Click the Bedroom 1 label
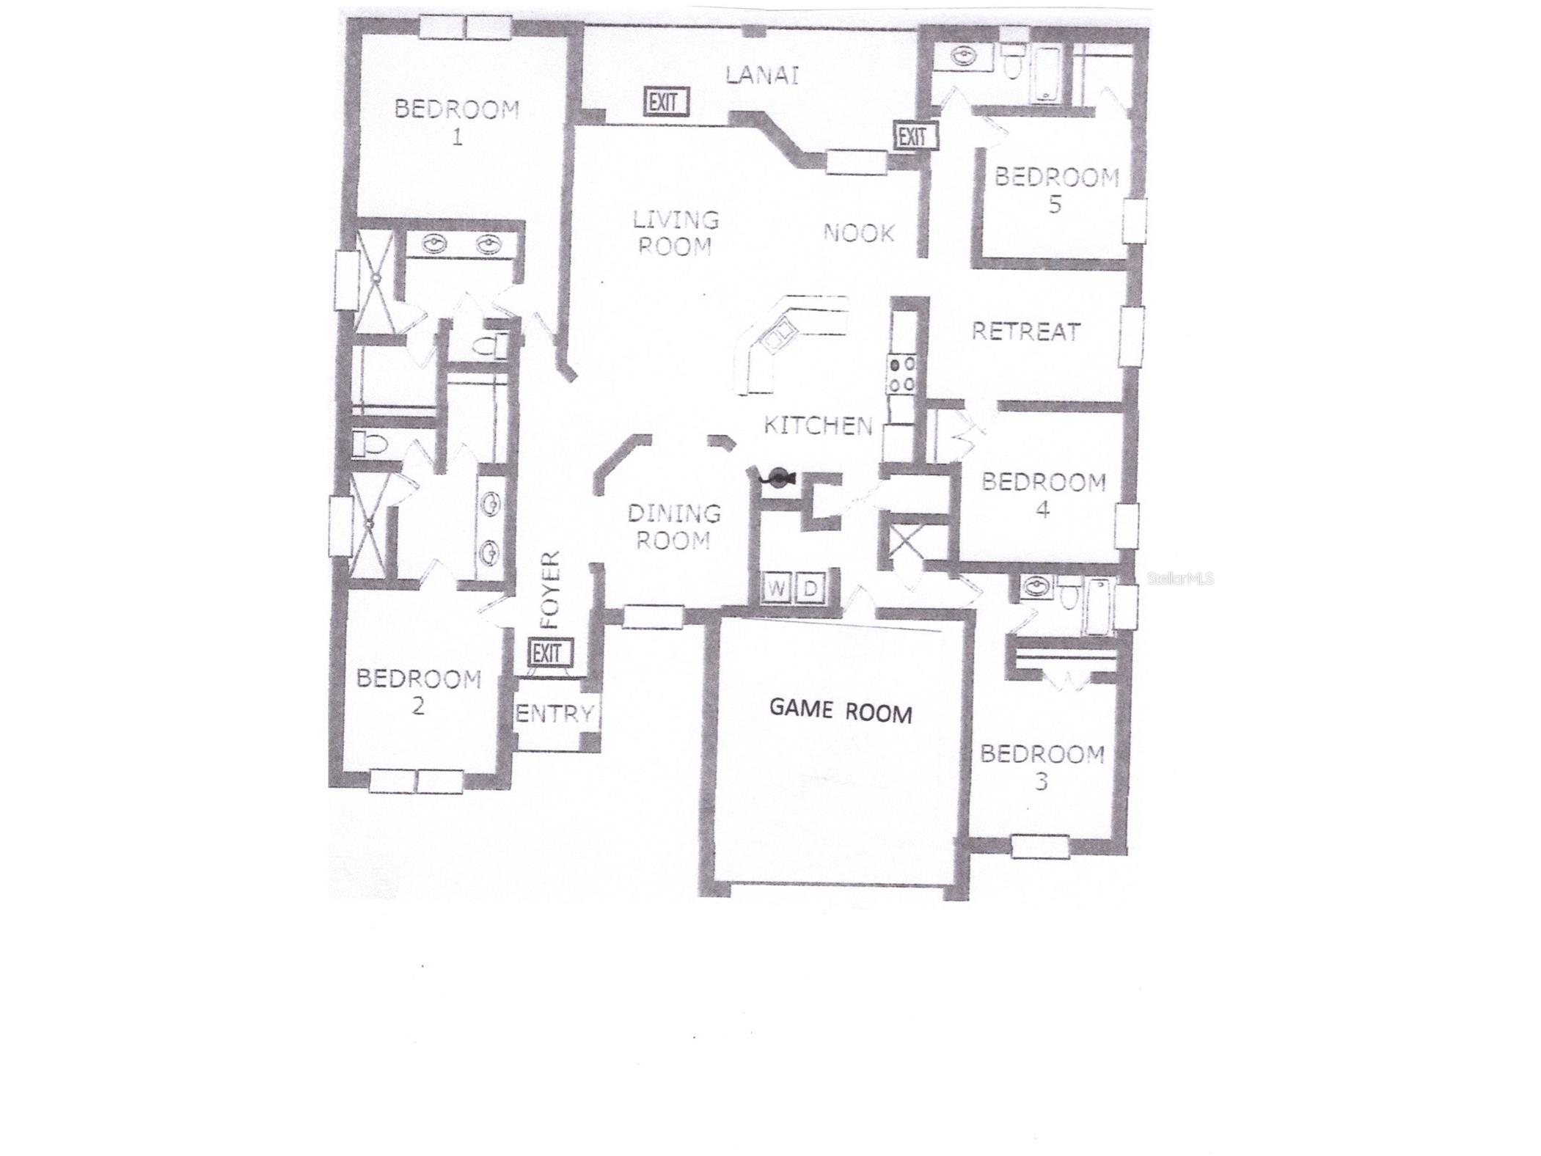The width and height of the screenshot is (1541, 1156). coord(456,122)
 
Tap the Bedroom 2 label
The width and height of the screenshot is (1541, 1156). coord(418,692)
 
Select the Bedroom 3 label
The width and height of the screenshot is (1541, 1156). coord(1042,767)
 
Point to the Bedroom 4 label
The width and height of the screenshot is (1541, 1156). coord(1043,495)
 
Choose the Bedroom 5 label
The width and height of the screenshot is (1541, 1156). coord(1056,189)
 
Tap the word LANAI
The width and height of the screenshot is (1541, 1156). coord(761,75)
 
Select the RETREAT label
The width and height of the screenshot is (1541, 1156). coord(1025,332)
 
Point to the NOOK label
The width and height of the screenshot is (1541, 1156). coord(859,233)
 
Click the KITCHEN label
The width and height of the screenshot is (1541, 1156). coord(818,425)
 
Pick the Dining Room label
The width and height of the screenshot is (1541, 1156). coord(673,527)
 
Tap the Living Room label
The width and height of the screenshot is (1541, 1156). coord(675,232)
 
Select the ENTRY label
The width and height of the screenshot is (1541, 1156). coord(554,713)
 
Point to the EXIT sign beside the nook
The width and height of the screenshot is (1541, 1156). coord(914,136)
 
